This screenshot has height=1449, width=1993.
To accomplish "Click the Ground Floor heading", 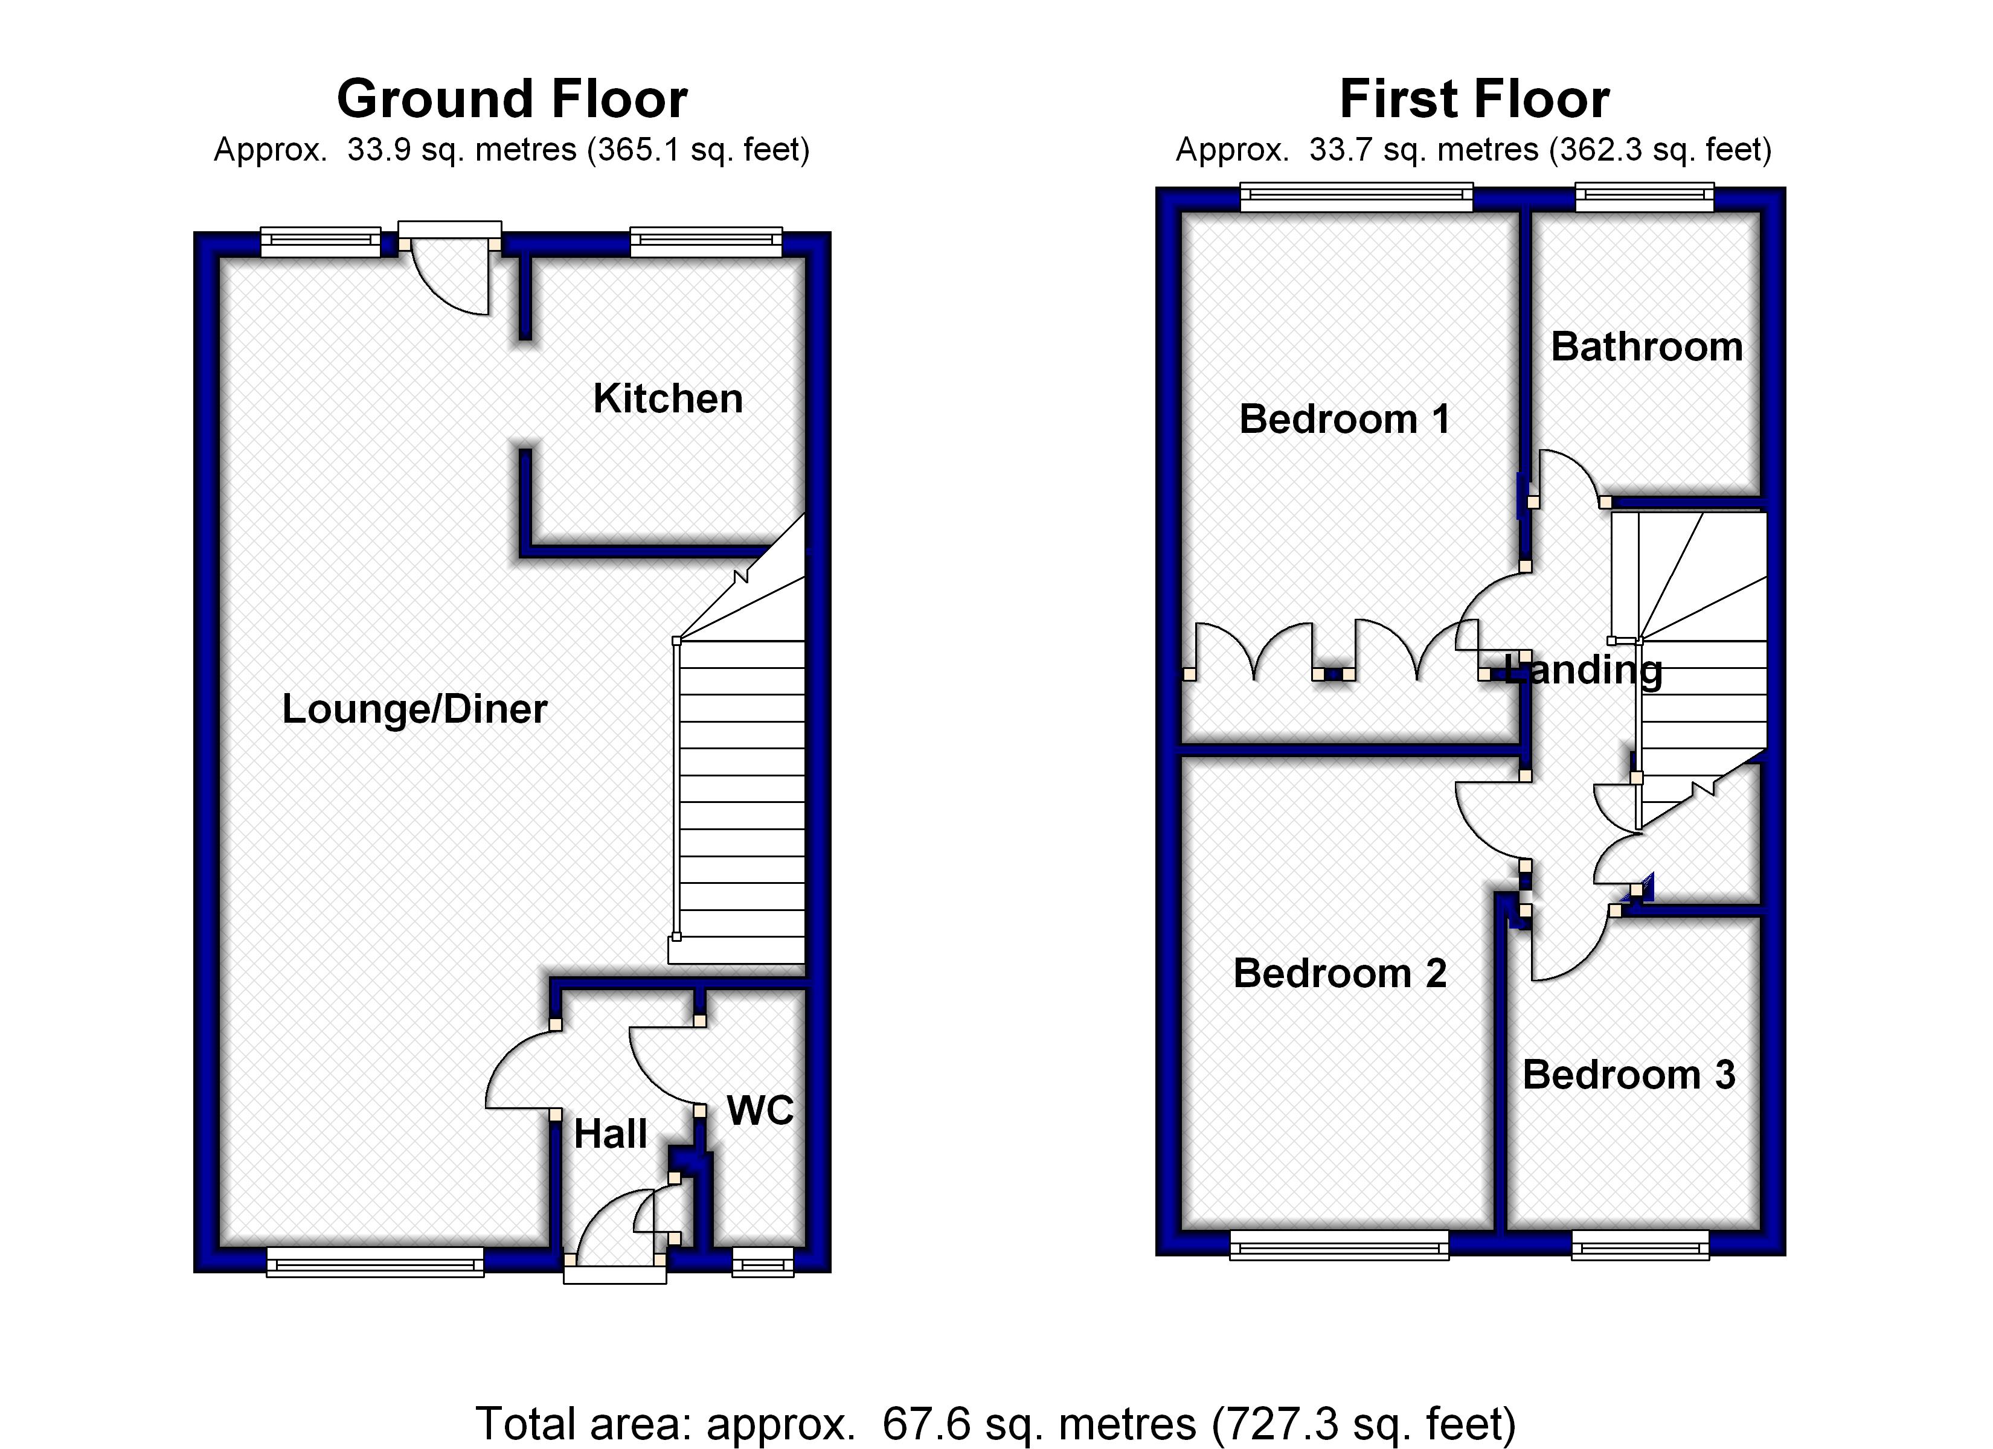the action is (512, 98).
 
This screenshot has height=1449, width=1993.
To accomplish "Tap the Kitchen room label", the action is (668, 399).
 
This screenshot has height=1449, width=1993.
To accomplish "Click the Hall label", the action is (610, 1134).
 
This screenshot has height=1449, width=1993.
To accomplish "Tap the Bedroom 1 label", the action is (1344, 419).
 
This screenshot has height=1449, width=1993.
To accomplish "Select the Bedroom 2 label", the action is (1339, 974).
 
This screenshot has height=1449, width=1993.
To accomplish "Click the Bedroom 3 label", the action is (1628, 1075).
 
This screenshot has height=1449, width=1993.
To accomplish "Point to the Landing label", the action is (1584, 670).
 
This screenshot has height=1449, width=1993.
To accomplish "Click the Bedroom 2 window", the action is (1338, 1244).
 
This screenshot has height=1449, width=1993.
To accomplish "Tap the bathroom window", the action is (1644, 197).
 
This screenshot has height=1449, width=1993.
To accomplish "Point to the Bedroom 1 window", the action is (1356, 197).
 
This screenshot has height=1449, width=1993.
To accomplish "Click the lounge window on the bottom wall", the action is (374, 1262).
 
